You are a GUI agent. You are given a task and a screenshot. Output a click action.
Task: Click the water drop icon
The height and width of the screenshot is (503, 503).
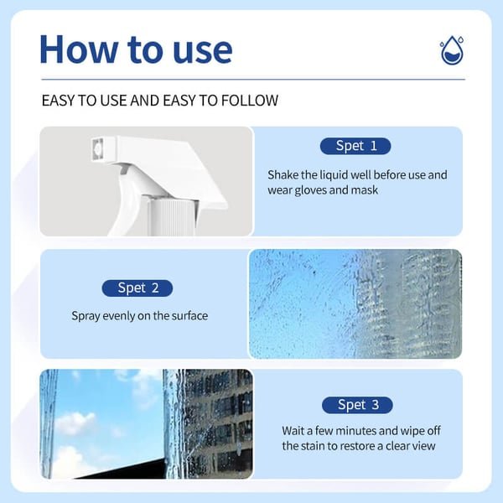[452, 50]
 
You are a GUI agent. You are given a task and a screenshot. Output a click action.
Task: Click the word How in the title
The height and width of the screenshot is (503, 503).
[79, 49]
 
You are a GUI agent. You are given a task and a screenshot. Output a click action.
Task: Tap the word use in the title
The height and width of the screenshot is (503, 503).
[202, 52]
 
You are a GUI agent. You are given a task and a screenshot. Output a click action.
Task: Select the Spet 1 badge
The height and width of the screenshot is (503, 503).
[355, 146]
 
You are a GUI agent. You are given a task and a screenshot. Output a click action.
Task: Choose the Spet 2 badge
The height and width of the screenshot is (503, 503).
[137, 288]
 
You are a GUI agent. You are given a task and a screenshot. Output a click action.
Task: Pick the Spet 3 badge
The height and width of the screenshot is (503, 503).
[357, 405]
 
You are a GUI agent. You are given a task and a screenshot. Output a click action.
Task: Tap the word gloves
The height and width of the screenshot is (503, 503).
[310, 190]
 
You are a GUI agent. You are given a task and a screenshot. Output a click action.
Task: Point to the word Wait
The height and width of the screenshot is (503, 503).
[293, 431]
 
